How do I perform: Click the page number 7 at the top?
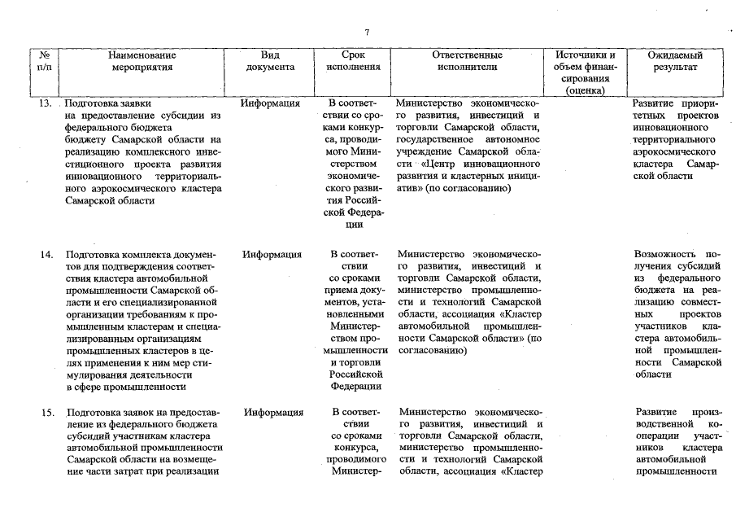point(367,32)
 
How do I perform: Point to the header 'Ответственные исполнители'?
point(467,61)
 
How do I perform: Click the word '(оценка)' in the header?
point(586,90)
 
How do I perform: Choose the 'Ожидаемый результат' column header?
point(675,61)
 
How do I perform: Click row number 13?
point(46,104)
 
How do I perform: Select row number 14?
point(46,255)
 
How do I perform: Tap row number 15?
point(46,413)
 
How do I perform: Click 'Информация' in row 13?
point(271,104)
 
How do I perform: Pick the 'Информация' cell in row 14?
point(271,255)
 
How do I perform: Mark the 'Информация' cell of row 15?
point(271,413)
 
